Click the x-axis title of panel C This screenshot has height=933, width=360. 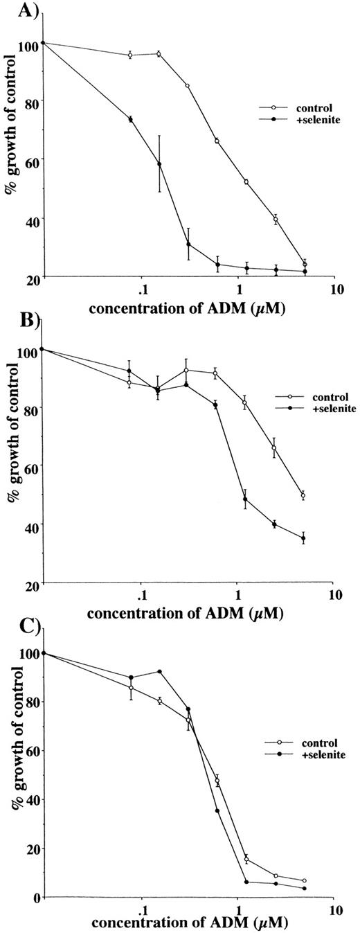(x=181, y=923)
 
